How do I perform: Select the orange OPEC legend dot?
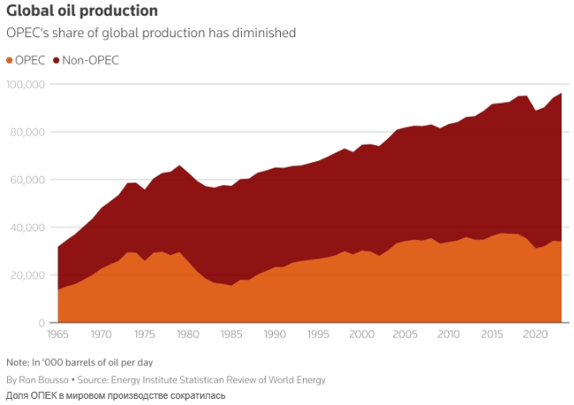11,60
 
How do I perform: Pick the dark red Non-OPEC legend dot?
57,60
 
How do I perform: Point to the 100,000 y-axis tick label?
26,84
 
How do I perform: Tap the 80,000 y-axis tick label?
27,132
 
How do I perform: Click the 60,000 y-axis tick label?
27,180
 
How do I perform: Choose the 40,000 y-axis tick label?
27,227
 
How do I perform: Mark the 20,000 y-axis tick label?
27,275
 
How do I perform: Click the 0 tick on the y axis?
41,323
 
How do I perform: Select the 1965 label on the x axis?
58,335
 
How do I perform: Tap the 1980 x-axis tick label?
187,335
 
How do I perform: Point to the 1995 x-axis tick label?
317,335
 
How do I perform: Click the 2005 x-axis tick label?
404,335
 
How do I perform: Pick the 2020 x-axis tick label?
533,335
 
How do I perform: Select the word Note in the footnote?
17,362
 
